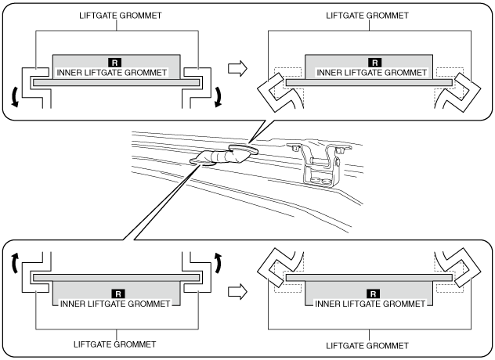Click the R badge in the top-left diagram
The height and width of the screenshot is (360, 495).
(x=114, y=63)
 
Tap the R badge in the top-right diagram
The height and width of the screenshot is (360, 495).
(x=374, y=63)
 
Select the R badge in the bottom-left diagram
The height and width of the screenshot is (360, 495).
(x=118, y=293)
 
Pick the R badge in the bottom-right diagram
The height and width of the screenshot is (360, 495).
(x=373, y=293)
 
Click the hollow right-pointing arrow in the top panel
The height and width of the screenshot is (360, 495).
(x=238, y=68)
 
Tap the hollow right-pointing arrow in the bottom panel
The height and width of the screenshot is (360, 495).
(x=238, y=292)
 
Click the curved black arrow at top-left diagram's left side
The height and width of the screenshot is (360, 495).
(x=13, y=98)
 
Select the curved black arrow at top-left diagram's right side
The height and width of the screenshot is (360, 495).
(x=219, y=98)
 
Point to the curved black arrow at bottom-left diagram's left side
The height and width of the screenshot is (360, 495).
(x=15, y=262)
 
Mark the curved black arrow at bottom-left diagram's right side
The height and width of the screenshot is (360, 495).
(x=219, y=262)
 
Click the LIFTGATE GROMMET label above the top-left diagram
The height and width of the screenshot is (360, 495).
(x=121, y=16)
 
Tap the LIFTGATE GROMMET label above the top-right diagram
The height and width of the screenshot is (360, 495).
(x=367, y=16)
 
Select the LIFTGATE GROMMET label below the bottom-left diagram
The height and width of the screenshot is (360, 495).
(x=114, y=344)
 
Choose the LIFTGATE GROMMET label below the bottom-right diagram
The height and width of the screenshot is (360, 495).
(x=367, y=346)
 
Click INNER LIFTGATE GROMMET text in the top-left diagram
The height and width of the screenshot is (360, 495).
(x=112, y=73)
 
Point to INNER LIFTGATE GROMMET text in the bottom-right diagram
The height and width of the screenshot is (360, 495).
(x=370, y=304)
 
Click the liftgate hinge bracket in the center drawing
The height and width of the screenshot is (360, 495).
(x=319, y=165)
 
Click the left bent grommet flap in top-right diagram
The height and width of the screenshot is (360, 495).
(x=274, y=93)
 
